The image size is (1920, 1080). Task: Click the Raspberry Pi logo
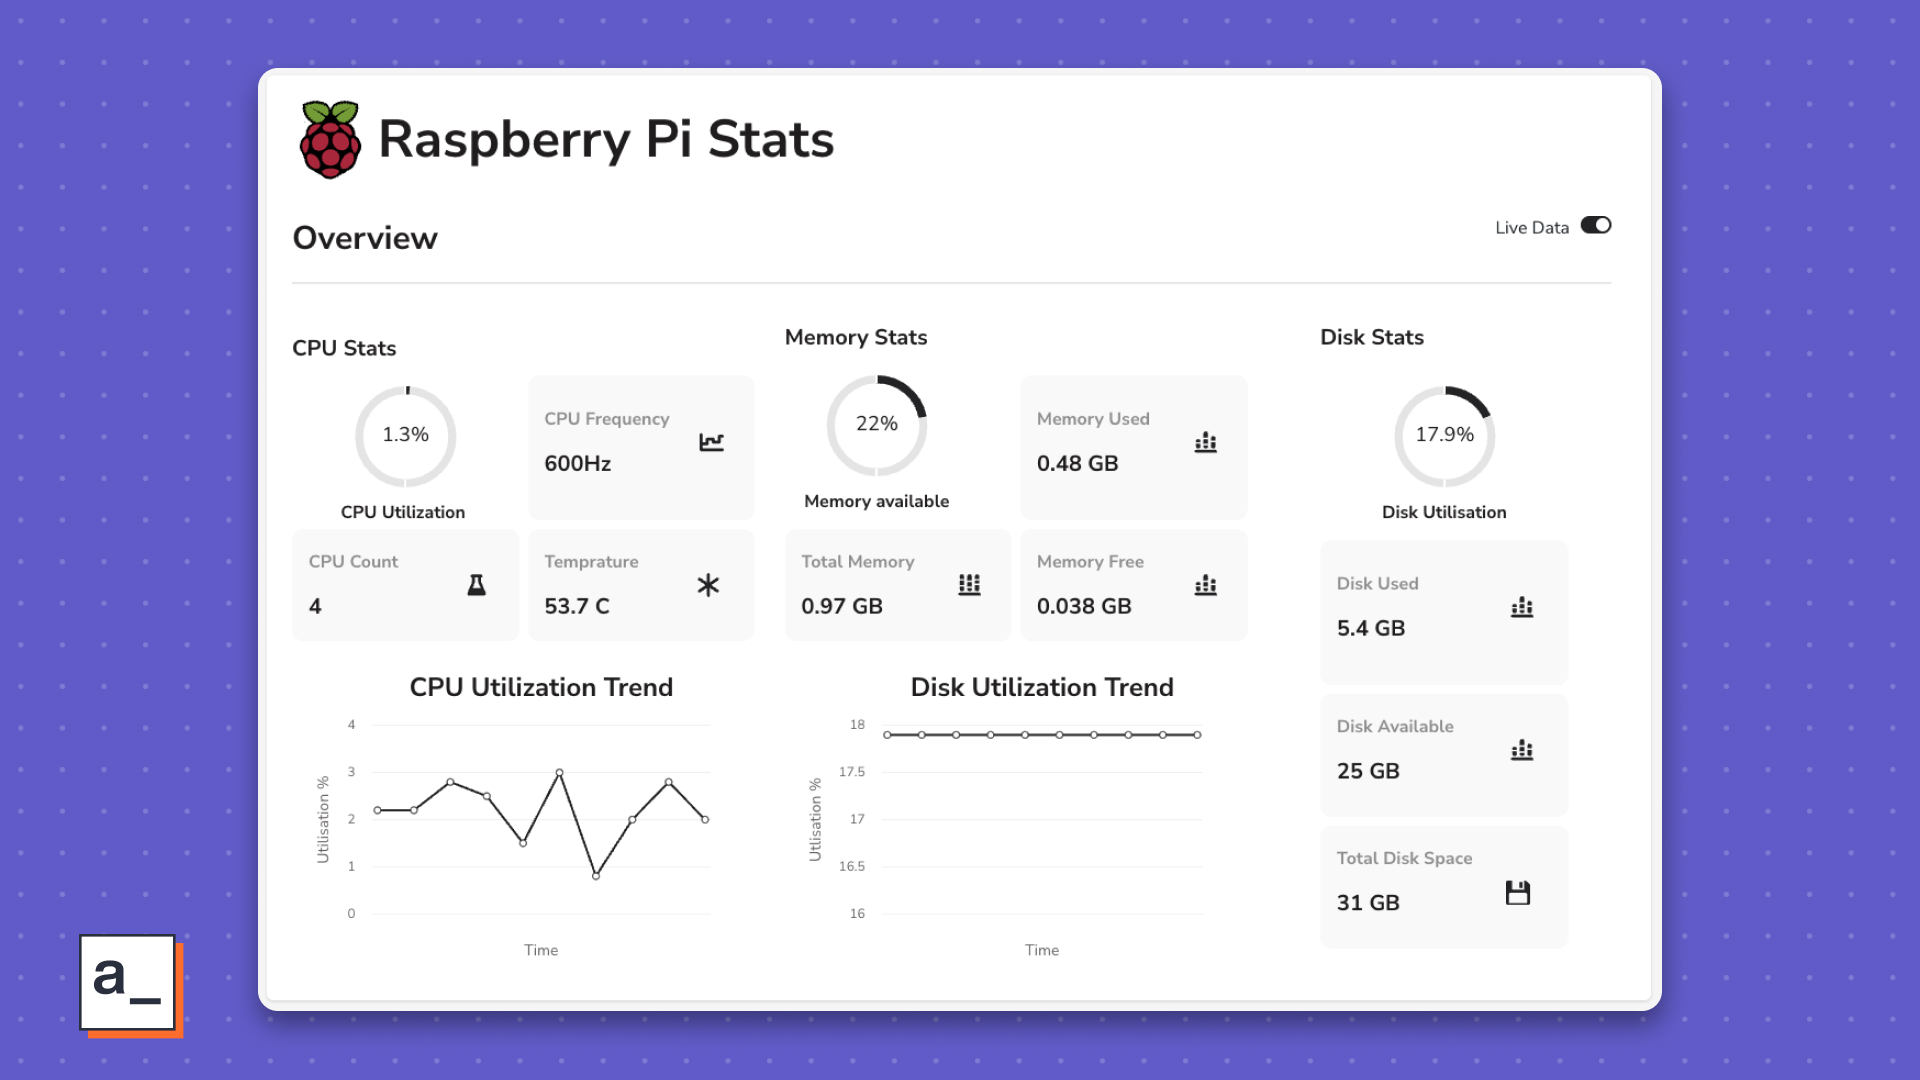(x=330, y=140)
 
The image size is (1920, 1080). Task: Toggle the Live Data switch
(x=1595, y=226)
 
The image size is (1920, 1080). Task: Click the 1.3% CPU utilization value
(x=405, y=435)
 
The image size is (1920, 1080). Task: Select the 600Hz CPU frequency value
(x=577, y=464)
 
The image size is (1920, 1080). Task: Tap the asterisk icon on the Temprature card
(x=708, y=585)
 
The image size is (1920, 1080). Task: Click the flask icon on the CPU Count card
(x=477, y=585)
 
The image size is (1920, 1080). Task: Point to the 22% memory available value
(x=876, y=424)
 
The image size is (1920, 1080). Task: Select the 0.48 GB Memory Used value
(x=1077, y=464)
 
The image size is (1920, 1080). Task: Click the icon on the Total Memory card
(x=969, y=585)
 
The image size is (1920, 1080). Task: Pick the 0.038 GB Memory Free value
(x=1084, y=607)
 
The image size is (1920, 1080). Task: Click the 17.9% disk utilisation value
(x=1444, y=435)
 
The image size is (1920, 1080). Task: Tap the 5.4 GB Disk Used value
(x=1371, y=629)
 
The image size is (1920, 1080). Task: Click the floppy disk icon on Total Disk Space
(x=1518, y=893)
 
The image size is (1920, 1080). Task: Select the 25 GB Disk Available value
(x=1368, y=772)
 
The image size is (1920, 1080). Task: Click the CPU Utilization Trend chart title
(x=541, y=688)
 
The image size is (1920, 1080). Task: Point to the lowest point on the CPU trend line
(x=596, y=876)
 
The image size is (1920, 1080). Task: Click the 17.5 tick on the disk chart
(x=852, y=772)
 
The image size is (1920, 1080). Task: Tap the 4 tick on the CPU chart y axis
(x=351, y=725)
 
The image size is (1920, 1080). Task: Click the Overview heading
(x=365, y=238)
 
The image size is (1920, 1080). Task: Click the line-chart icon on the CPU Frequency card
(x=711, y=442)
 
